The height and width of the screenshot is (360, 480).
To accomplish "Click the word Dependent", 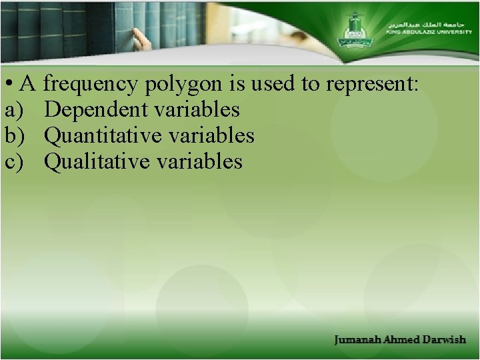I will coord(95,110).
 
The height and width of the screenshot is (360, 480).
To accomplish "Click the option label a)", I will coord(13,110).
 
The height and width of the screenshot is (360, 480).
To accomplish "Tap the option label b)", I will coord(14,135).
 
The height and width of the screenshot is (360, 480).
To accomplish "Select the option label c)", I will coord(13,161).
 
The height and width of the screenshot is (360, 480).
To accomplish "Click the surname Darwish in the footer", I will coord(443,339).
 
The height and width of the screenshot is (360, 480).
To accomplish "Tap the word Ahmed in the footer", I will coord(402,339).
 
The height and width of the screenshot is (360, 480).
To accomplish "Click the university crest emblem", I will coord(354,30).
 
